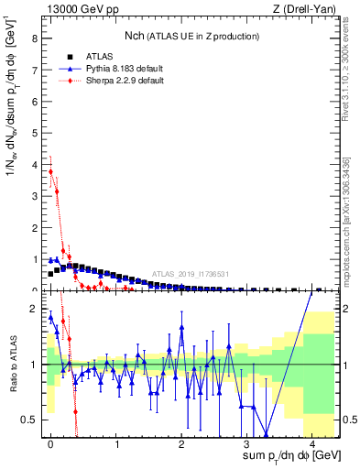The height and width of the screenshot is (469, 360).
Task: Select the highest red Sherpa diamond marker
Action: tap(50, 171)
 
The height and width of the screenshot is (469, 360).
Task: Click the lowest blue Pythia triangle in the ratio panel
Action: tap(267, 435)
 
